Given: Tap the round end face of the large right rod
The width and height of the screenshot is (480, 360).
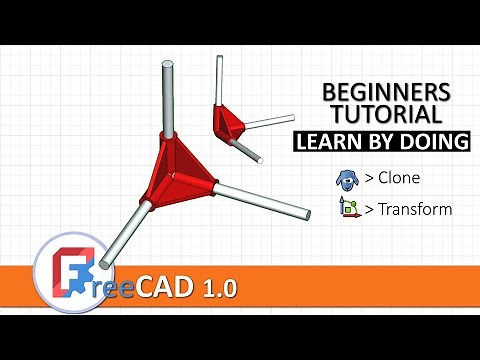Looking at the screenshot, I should [305, 212].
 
